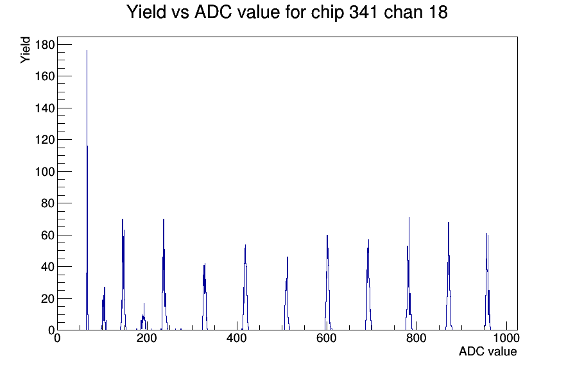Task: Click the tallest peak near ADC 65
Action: click(x=87, y=51)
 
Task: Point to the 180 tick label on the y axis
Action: click(x=44, y=44)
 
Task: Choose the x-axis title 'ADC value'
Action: click(x=487, y=352)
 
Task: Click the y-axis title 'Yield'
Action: click(x=25, y=50)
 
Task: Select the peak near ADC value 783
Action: click(x=409, y=218)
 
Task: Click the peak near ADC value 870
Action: click(x=449, y=223)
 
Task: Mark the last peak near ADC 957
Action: click(x=487, y=234)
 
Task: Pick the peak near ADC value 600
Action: click(x=327, y=236)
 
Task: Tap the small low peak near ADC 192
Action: click(x=144, y=304)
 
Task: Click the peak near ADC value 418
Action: click(x=245, y=246)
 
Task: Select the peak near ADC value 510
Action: click(x=287, y=258)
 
